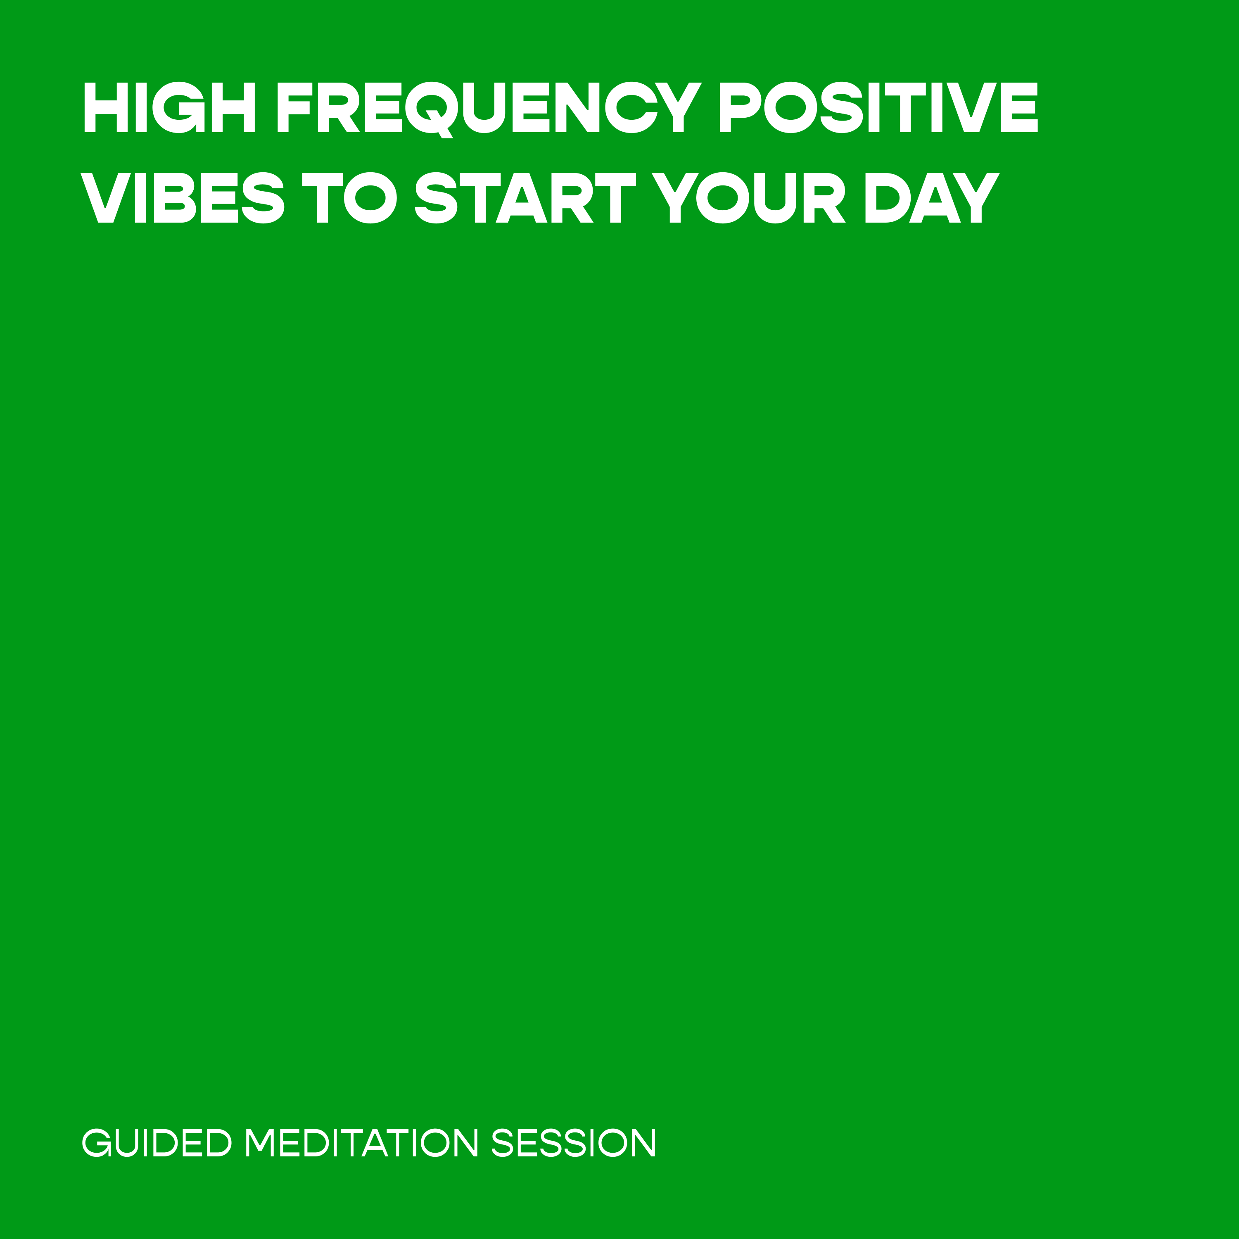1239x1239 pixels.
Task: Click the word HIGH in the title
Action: pos(170,107)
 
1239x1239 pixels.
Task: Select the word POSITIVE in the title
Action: pos(878,107)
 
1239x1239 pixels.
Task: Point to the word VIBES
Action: pos(183,197)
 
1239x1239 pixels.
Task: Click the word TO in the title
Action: pos(349,197)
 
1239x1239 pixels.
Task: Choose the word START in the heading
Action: pos(525,197)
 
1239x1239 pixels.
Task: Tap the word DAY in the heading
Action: pos(933,197)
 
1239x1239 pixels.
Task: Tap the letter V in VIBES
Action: pos(106,197)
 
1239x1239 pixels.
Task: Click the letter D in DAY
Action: pos(888,197)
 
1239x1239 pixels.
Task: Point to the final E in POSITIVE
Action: pos(1020,107)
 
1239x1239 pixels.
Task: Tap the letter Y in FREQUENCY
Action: pos(679,107)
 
